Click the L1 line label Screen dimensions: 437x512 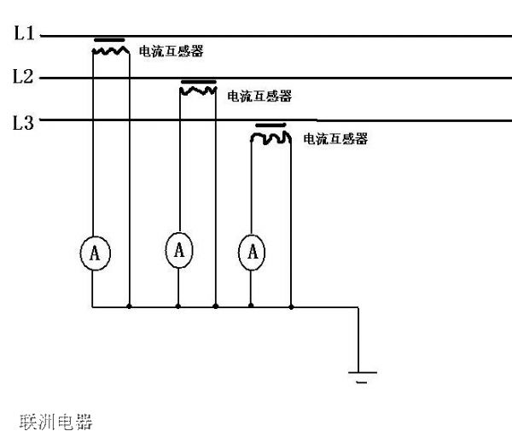pyautogui.click(x=23, y=34)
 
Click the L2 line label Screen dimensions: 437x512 pyautogui.click(x=23, y=77)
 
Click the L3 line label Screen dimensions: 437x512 pyautogui.click(x=23, y=124)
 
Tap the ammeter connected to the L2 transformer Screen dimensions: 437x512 pyautogui.click(x=178, y=249)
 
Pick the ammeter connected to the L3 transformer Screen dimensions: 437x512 pyautogui.click(x=252, y=253)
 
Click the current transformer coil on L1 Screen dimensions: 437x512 pyautogui.click(x=110, y=50)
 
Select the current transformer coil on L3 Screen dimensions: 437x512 pyautogui.click(x=271, y=137)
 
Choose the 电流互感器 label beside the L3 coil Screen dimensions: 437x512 pyautogui.click(x=335, y=139)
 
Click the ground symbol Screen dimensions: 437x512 pyautogui.click(x=361, y=375)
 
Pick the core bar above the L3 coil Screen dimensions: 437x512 pyautogui.click(x=270, y=125)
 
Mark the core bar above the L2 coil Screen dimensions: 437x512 pyautogui.click(x=198, y=82)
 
